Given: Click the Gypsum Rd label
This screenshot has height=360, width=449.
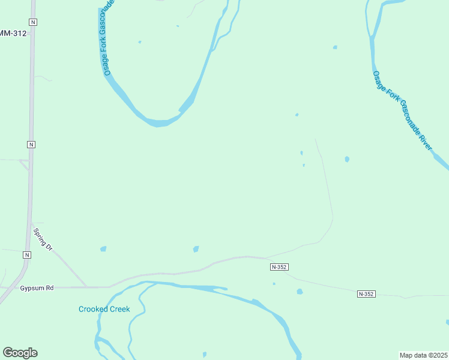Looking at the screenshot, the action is coord(37,288).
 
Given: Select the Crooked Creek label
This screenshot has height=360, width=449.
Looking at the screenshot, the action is coord(104,309).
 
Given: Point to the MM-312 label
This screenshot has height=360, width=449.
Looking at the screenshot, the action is coord(13,34).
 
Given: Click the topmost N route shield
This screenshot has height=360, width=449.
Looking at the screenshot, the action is coord(32,22).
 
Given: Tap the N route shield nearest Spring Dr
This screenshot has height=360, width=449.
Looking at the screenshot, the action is coord(26,255).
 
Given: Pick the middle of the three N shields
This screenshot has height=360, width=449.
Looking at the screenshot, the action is coord(31,145).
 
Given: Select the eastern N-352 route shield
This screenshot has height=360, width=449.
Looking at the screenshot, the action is coord(366,293).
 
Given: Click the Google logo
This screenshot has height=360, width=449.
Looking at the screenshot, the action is coord(20,353).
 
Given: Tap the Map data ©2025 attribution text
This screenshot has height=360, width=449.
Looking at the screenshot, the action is coord(423,355).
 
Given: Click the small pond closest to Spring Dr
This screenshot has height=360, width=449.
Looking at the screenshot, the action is coord(103,248).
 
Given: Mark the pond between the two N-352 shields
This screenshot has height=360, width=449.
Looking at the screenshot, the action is coord(300,292).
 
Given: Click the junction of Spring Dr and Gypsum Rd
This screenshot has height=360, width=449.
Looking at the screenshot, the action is coord(86,287).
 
